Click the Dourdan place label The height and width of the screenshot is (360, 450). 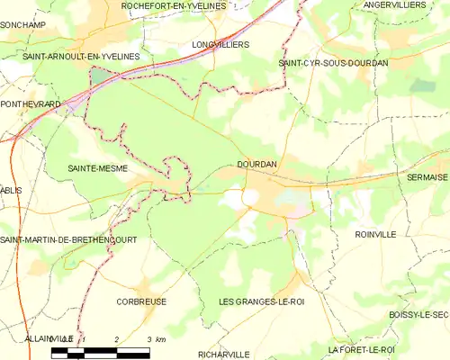point(256,165)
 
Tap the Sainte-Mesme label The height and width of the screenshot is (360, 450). point(97,168)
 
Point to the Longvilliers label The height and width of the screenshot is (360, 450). point(220,43)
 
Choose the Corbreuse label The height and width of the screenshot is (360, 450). point(141,301)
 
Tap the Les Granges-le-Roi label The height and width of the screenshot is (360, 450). point(262,301)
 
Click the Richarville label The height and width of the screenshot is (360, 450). point(223,354)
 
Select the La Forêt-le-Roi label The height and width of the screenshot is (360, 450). point(362,349)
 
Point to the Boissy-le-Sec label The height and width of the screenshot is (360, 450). point(418,314)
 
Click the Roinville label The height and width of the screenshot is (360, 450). point(375,234)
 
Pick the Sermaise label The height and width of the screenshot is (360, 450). point(427,178)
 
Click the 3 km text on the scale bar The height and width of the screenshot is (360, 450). point(155,338)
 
